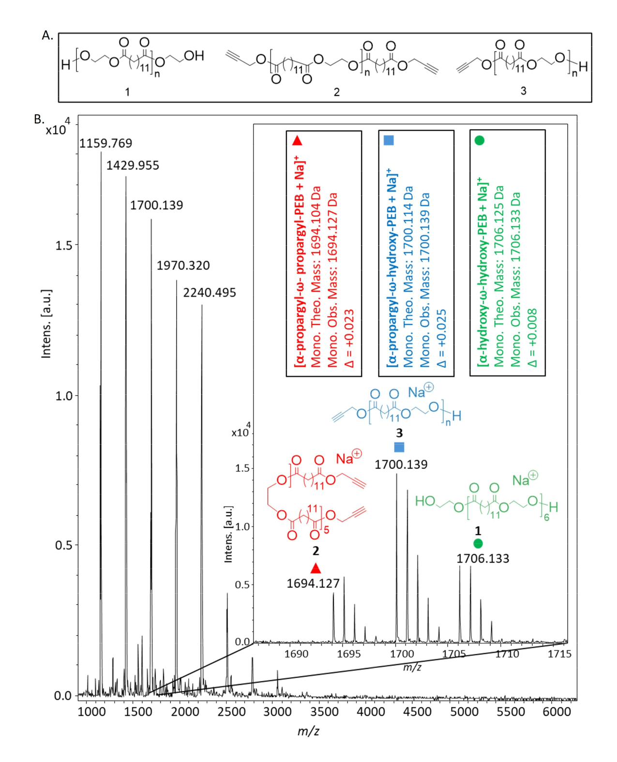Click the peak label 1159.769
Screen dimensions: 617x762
105,143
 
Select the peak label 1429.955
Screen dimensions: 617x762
133,165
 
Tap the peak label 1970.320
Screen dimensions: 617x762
183,265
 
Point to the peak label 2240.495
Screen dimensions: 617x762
210,293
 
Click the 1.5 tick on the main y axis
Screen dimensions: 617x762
64,245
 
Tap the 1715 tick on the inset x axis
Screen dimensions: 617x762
560,654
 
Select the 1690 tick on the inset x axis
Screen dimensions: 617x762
296,654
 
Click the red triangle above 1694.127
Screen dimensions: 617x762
316,568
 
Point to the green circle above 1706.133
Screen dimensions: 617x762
478,543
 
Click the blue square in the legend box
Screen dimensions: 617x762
389,140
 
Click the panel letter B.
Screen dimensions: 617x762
39,119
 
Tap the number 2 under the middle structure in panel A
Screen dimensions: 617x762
336,92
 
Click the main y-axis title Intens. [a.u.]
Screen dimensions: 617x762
46,324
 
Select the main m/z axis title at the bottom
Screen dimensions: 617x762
308,731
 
